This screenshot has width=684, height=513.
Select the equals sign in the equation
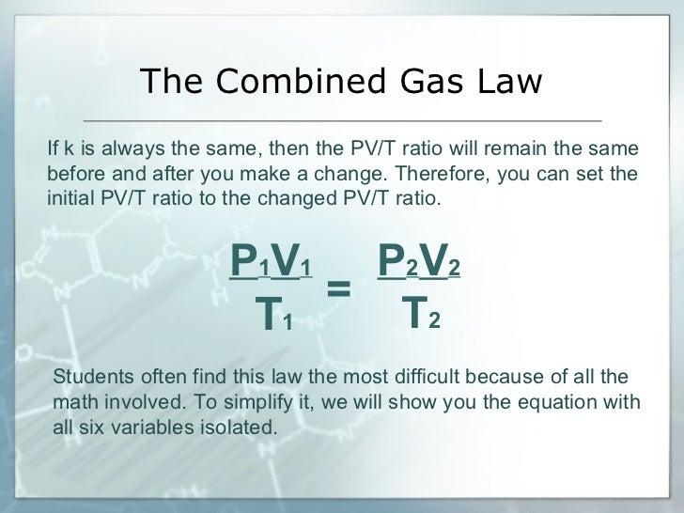[x=338, y=290]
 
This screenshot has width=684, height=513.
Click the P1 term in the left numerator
[x=250, y=264]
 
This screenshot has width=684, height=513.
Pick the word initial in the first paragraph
[x=68, y=199]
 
